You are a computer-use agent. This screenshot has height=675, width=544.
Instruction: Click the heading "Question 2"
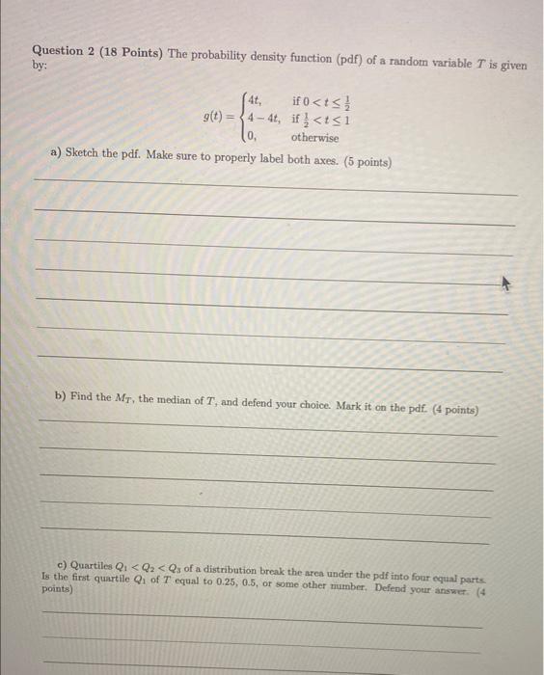[66, 51]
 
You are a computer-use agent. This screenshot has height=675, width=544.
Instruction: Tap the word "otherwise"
[314, 137]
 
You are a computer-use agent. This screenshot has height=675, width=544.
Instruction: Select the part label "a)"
[54, 154]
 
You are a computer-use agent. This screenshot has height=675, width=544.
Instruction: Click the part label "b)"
[60, 395]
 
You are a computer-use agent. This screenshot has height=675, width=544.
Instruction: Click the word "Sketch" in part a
[84, 154]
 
